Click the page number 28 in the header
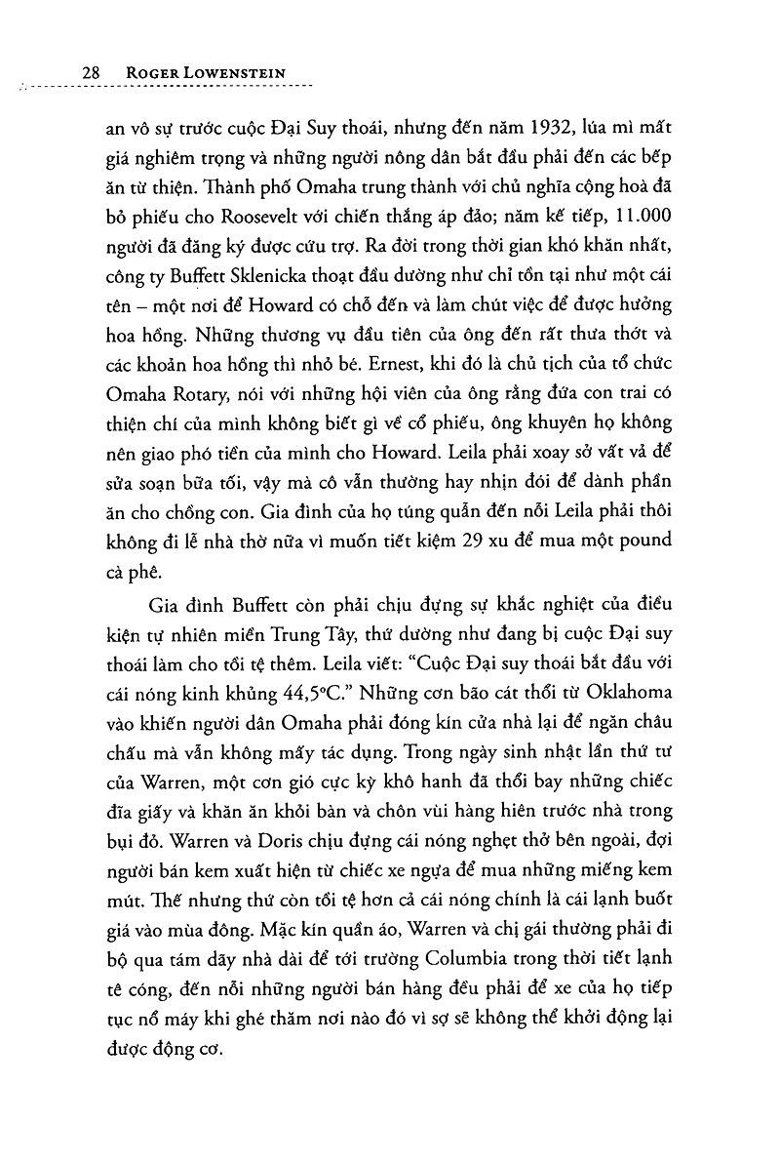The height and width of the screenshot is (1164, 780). tap(93, 73)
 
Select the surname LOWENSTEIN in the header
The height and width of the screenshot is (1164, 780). tap(233, 73)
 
